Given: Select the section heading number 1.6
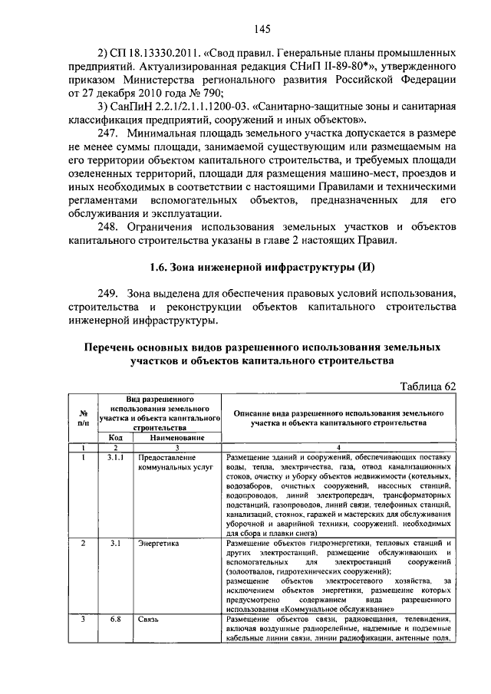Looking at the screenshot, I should (160, 268).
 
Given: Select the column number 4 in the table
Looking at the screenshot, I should (338, 446).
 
